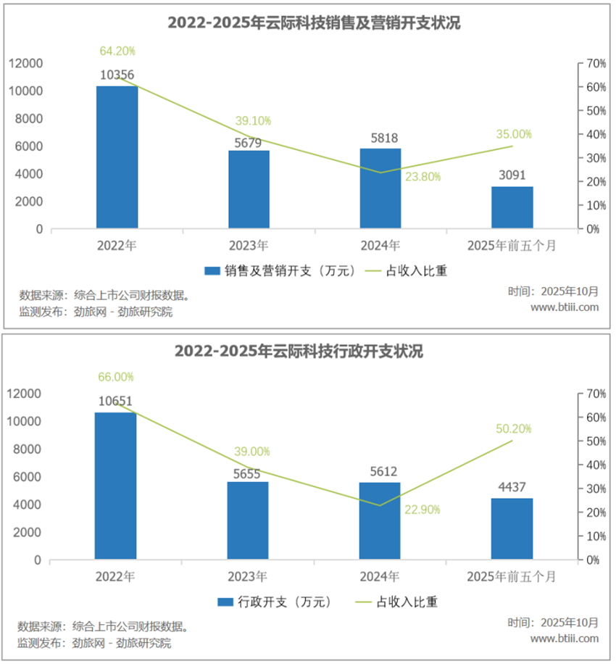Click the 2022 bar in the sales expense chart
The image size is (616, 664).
[x=117, y=157]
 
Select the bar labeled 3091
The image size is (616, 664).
[x=512, y=207]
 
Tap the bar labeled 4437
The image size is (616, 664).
[x=512, y=528]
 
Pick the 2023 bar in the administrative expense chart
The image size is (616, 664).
[x=249, y=520]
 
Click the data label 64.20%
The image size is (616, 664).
[x=117, y=51]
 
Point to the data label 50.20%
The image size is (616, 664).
[x=513, y=429]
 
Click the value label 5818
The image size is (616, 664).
[x=380, y=138]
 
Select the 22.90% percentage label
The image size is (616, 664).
[x=422, y=510]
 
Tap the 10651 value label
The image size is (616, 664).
[x=115, y=401]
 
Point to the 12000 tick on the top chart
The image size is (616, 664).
[x=25, y=64]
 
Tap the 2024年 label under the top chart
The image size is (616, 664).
[x=380, y=245]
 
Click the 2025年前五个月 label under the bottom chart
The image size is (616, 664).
[x=512, y=577]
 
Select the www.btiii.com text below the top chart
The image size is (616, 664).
[x=565, y=307]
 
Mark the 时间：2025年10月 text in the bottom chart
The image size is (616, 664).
[x=553, y=623]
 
